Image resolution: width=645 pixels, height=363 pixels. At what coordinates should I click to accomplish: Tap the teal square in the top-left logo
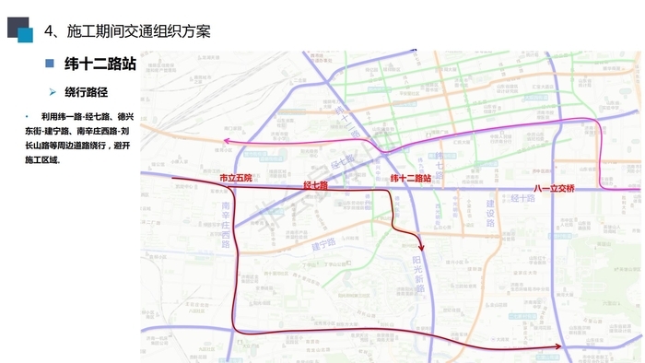[x=26, y=35]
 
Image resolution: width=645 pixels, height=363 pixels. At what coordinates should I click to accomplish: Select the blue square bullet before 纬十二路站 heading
[x=50, y=64]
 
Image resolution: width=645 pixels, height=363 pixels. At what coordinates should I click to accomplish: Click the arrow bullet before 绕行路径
[x=53, y=92]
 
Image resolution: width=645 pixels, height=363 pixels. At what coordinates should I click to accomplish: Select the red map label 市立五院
[x=235, y=177]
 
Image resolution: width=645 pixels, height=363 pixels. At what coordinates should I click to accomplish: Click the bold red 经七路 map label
[x=316, y=185]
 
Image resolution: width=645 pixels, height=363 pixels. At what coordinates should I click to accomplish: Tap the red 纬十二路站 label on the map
[x=412, y=178]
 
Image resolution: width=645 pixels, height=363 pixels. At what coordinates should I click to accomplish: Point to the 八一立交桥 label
[x=555, y=189]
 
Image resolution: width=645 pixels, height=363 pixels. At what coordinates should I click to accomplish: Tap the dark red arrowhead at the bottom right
[x=558, y=347]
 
